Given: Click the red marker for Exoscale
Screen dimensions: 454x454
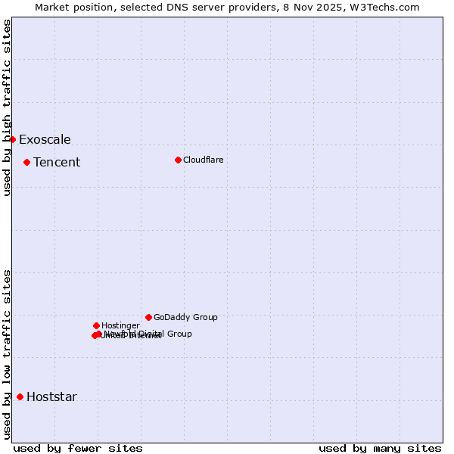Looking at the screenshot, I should [12, 139].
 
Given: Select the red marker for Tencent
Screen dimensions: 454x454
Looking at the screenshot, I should [26, 162].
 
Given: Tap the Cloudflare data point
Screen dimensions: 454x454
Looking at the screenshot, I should [178, 160].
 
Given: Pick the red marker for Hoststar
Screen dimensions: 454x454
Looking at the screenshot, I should [20, 396].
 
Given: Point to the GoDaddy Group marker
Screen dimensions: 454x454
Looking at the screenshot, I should [148, 317].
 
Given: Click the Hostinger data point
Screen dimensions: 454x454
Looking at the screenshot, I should [96, 325].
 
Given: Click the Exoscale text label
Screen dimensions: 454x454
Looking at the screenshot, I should [45, 139].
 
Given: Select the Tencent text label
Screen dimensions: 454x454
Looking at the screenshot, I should [57, 162].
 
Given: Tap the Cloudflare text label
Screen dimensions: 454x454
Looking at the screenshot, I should [204, 160].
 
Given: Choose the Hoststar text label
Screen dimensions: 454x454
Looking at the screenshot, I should [51, 396].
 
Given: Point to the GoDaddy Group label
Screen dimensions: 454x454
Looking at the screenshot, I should [185, 317].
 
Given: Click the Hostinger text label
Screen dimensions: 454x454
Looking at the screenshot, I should [120, 325].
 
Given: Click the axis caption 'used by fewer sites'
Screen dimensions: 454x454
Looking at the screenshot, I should [78, 448].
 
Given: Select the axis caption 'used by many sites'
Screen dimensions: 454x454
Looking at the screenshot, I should [380, 448].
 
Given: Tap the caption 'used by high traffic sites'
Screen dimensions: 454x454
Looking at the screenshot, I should [8, 107].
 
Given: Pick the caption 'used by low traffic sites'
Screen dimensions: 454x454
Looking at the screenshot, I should [8, 354].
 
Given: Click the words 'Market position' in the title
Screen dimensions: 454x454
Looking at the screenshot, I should [71, 7].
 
